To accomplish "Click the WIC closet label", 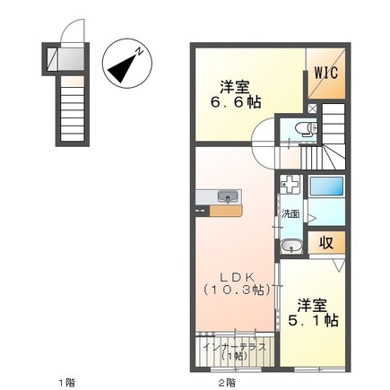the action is (326, 73).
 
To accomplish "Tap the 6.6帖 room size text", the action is (236, 102).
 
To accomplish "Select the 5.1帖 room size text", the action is (313, 320).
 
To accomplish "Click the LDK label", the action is (238, 278).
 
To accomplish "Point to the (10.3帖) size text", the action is (238, 290).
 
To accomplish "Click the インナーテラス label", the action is (234, 347).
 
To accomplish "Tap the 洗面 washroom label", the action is (290, 214).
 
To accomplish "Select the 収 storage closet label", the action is (326, 243).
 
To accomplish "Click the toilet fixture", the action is (306, 129).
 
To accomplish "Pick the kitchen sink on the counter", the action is (228, 196).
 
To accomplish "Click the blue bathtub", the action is (326, 186).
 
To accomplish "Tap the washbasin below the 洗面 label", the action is (290, 247).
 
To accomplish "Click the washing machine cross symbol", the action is (290, 184).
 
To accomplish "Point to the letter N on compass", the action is (139, 51).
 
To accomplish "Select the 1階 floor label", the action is (67, 382).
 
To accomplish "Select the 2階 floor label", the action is (226, 382).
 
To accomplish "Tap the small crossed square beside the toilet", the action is (312, 108).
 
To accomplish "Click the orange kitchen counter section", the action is (225, 211).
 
